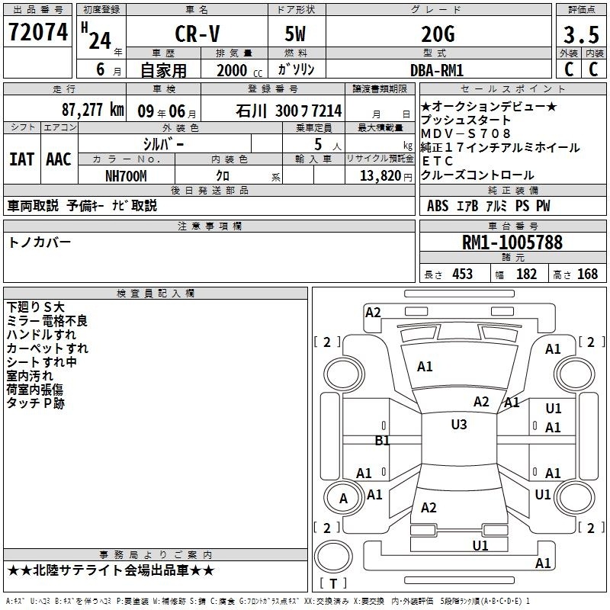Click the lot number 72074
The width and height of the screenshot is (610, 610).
coord(38,31)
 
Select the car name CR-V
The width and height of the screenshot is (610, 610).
coord(197,34)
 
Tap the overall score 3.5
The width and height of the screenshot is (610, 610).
coord(581,34)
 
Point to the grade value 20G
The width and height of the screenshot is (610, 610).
coord(438,34)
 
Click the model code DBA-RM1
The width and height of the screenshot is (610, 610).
coord(437,70)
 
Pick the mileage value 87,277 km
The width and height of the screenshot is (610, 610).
coord(93,110)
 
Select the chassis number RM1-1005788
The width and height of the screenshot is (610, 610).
coord(512,242)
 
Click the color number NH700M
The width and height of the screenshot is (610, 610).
coord(126,176)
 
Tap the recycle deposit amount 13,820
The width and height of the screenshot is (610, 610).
coord(380,176)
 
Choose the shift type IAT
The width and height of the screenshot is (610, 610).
coord(22,159)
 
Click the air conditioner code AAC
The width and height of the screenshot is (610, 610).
coord(59,159)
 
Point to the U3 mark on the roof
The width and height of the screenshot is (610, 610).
coord(459,425)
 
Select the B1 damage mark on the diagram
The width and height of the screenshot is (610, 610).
coord(382,441)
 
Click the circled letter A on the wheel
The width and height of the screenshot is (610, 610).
coord(344,499)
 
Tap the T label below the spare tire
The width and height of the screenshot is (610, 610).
coord(333,583)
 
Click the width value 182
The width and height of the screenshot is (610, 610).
coord(526,274)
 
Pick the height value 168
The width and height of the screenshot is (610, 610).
coord(587,274)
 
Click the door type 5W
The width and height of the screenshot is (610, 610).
coord(295,34)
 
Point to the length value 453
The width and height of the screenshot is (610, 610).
coord(463,274)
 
